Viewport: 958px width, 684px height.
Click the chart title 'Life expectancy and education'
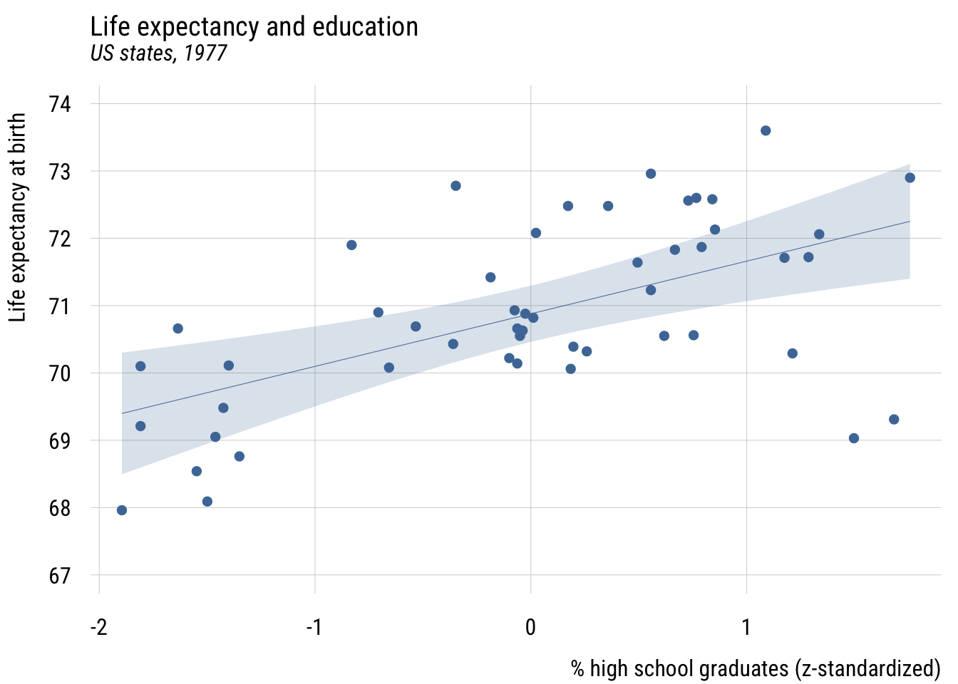click(x=254, y=27)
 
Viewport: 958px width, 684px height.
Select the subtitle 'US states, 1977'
click(x=158, y=53)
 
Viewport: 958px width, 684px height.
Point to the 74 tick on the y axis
click(x=60, y=104)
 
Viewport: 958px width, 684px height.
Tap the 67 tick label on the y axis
click(x=60, y=576)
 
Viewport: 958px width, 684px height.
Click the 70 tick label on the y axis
click(x=60, y=373)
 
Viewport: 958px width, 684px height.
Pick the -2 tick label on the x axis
click(x=98, y=628)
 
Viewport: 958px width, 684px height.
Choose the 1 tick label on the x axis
click(x=746, y=628)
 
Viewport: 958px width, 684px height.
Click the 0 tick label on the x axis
click(x=530, y=628)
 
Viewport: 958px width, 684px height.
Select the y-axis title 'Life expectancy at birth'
click(x=18, y=217)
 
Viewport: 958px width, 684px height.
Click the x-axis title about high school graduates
click(x=756, y=669)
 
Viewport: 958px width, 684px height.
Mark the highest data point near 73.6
click(x=766, y=130)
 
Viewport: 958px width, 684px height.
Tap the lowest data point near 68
click(x=122, y=510)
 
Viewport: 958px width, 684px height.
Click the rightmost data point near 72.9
click(x=910, y=177)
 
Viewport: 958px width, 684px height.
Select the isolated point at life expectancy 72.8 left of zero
click(x=455, y=186)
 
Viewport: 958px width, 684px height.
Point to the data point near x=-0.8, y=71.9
click(x=351, y=245)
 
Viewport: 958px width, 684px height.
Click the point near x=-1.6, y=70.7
click(x=178, y=328)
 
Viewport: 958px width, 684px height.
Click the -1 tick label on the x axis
click(x=314, y=628)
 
